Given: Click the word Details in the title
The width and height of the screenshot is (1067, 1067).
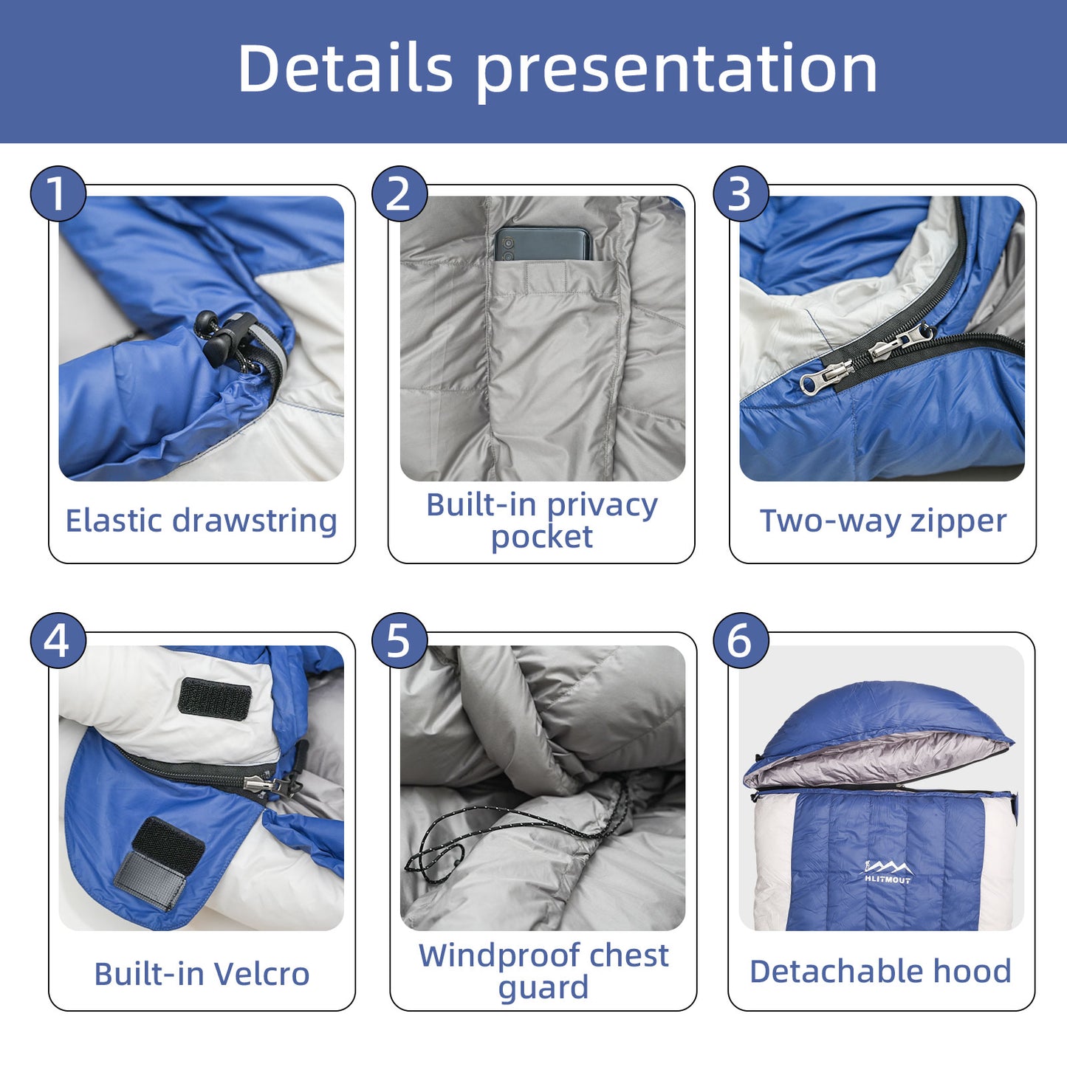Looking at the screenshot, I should pyautogui.click(x=345, y=68).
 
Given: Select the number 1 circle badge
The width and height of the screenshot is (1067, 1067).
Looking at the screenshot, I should pyautogui.click(x=58, y=194).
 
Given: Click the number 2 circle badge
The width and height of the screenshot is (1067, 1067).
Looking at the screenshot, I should pyautogui.click(x=399, y=194).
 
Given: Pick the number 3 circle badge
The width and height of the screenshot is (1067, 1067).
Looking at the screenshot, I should pyautogui.click(x=740, y=194).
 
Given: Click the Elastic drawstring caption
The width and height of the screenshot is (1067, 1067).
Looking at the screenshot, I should pyautogui.click(x=201, y=521).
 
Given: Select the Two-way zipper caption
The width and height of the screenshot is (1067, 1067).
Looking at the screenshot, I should pyautogui.click(x=883, y=521).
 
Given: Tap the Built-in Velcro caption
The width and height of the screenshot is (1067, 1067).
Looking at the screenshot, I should pyautogui.click(x=202, y=974).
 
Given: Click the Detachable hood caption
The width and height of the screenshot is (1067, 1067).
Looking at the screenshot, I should pyautogui.click(x=880, y=972).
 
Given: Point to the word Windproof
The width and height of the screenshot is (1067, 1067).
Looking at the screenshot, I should pyautogui.click(x=494, y=956).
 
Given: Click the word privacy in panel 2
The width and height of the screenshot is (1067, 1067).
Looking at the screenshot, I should pyautogui.click(x=602, y=506).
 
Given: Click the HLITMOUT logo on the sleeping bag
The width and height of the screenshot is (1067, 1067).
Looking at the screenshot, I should pyautogui.click(x=887, y=873).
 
